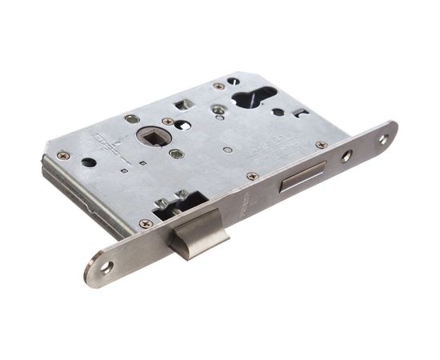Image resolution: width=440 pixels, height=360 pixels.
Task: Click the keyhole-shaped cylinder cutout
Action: click(x=254, y=98)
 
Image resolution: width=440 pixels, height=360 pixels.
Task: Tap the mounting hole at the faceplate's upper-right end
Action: click(x=382, y=138)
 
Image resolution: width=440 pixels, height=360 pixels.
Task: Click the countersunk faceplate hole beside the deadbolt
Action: click(x=346, y=156)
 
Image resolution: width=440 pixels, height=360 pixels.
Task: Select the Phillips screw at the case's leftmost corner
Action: click(x=62, y=155)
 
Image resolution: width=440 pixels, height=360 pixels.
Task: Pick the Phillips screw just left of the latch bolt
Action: click(x=145, y=224)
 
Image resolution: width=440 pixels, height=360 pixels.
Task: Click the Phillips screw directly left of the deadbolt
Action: click(x=252, y=175)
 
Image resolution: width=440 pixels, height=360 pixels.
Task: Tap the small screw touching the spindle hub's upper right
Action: click(x=168, y=122)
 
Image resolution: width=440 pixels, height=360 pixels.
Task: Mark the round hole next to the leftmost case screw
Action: click(x=89, y=162)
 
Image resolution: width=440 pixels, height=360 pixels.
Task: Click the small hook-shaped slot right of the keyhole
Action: click(x=301, y=113)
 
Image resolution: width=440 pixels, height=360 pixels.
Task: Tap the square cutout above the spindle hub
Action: click(x=182, y=104)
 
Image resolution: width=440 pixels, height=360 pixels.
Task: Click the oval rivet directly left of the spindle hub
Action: click(x=132, y=118)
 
